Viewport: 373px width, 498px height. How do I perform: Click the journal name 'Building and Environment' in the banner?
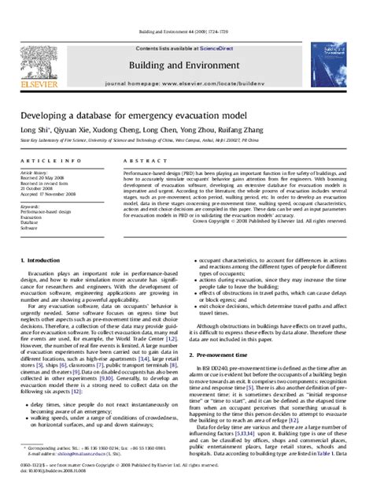(186, 37)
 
